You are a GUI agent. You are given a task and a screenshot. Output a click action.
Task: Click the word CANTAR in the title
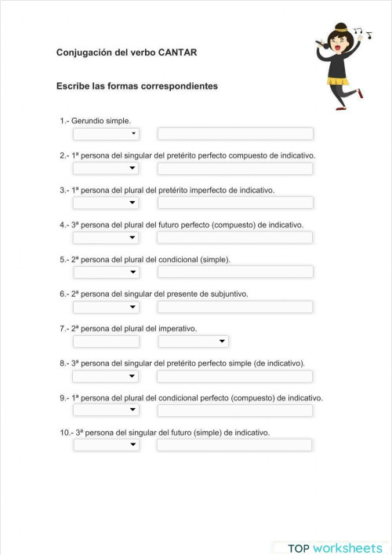pos(177,53)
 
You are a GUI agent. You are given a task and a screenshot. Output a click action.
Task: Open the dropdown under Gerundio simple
pos(106,133)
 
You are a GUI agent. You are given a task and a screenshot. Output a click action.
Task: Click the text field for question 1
pos(235,133)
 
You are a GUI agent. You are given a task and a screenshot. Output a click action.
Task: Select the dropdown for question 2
pos(106,168)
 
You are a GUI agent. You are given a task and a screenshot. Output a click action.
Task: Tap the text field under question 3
pos(235,203)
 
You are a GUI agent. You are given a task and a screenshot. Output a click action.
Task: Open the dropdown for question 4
pos(106,237)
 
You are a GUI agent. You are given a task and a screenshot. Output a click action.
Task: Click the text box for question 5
pos(235,272)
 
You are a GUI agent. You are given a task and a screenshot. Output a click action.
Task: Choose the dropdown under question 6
pos(106,306)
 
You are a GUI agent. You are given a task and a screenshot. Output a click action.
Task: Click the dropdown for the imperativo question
pos(193,341)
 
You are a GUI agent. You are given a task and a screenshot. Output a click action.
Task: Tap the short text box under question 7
pos(106,341)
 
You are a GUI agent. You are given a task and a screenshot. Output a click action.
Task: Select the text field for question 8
pos(235,376)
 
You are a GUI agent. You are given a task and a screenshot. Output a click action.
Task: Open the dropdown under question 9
pos(106,411)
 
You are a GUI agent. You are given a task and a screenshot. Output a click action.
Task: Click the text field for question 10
pos(234,445)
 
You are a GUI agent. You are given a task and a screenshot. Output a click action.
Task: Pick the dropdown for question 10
pos(106,445)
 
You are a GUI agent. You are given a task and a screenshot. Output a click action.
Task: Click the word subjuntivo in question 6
pos(229,294)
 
